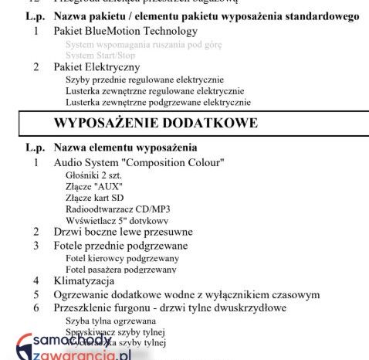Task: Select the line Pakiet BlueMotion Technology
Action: pyautogui.click(x=125, y=32)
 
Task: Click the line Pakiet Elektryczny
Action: pyautogui.click(x=96, y=67)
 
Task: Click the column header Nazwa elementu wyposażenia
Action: pyautogui.click(x=125, y=147)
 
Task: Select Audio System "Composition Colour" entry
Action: pyautogui.click(x=139, y=162)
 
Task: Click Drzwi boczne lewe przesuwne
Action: pyautogui.click(x=123, y=232)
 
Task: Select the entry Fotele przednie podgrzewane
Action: pyautogui.click(x=120, y=246)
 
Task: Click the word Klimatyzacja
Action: pyautogui.click(x=84, y=280)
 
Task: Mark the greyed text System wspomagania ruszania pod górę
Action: pyautogui.click(x=143, y=45)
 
